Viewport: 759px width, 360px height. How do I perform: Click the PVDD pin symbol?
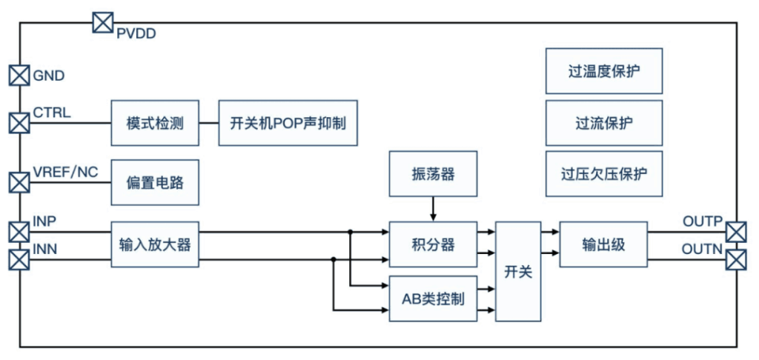tap(102, 23)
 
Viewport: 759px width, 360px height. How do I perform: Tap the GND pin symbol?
tap(19, 76)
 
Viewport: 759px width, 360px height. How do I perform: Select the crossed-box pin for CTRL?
tap(19, 122)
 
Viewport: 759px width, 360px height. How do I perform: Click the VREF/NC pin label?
tap(65, 173)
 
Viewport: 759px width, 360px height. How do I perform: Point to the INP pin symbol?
tap(19, 232)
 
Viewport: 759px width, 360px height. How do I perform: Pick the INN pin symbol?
tap(19, 259)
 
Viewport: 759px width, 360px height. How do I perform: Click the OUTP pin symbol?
tap(737, 232)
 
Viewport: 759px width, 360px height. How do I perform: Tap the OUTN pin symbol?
tap(737, 259)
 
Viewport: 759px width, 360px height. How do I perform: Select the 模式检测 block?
tap(155, 123)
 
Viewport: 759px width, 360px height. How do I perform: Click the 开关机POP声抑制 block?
tap(288, 123)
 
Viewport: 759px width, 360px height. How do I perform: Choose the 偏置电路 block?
tap(155, 182)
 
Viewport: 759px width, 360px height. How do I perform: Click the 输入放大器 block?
tap(155, 244)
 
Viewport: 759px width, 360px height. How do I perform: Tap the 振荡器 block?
tap(433, 174)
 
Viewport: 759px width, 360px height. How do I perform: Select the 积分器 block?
tap(433, 244)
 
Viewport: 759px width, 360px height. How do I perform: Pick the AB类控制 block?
tap(433, 299)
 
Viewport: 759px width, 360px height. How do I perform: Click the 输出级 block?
tap(603, 244)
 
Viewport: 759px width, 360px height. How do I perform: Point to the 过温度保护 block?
tap(604, 70)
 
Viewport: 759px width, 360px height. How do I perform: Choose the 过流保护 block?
tap(604, 123)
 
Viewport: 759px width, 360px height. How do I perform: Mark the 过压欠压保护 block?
tap(604, 174)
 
